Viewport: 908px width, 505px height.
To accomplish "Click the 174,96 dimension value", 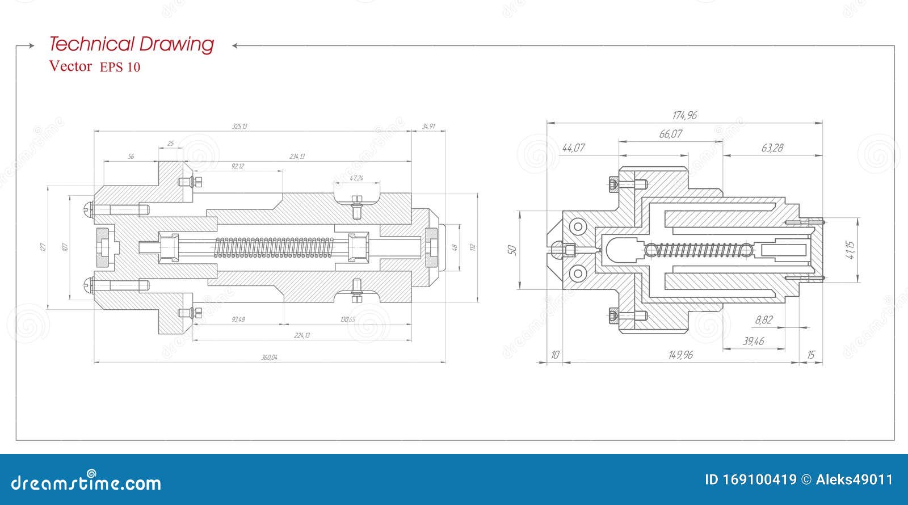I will click(684, 115).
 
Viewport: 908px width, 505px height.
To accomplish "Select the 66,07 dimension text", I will click(670, 134).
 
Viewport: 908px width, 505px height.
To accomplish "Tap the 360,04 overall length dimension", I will click(269, 357).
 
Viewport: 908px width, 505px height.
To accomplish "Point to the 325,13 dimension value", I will click(239, 126).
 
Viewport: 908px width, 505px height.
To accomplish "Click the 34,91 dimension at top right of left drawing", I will click(428, 126).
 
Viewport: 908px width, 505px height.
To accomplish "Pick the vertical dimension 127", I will click(42, 247).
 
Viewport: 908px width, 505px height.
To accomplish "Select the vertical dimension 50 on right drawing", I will click(511, 250).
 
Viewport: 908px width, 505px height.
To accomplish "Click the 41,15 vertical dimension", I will click(850, 250).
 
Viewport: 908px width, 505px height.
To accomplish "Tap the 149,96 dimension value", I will click(680, 355).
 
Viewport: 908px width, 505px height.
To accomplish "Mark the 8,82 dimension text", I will click(763, 320).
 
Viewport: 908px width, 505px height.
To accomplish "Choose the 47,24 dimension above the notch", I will click(356, 178).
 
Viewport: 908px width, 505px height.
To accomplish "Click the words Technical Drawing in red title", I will click(132, 44).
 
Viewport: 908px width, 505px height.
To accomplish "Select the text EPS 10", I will click(120, 67).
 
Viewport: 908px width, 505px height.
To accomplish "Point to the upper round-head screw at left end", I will click(88, 209).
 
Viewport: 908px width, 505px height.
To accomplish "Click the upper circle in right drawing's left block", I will click(578, 227).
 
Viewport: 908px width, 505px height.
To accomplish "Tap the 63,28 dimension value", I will click(772, 148).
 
